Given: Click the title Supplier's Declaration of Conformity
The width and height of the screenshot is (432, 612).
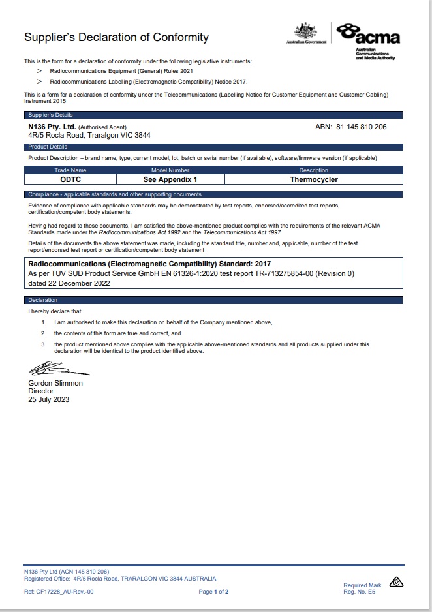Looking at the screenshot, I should [x=116, y=37].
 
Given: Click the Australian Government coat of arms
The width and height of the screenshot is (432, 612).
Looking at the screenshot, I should [x=305, y=32].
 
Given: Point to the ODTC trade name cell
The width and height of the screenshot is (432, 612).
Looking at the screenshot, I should [x=70, y=179].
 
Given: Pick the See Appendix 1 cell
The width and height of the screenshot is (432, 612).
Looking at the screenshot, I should [x=170, y=179].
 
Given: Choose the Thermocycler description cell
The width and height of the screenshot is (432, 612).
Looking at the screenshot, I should [x=314, y=179].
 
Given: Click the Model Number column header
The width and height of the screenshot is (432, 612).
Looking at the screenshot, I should [x=170, y=170].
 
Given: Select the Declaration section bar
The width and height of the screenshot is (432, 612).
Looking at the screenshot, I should [x=43, y=300].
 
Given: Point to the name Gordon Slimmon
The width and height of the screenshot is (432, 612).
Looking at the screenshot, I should [x=55, y=383].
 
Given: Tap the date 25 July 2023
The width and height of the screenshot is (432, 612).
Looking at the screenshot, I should [x=48, y=399].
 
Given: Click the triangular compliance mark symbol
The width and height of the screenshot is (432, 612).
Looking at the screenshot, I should [x=397, y=582].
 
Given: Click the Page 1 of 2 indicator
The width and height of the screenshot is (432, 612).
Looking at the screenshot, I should [x=213, y=592].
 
